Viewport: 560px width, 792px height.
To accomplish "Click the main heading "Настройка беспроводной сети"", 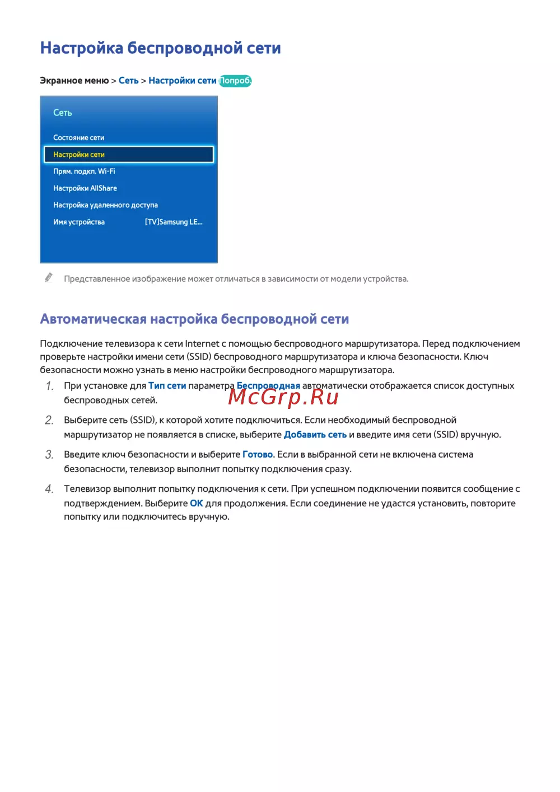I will click(160, 48).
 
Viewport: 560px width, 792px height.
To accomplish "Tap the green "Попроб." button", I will click(235, 81).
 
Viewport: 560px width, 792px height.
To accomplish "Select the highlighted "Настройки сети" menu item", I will click(129, 155).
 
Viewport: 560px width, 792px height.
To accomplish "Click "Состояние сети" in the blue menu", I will click(78, 138).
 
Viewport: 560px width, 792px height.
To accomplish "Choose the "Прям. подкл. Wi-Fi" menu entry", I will click(84, 171).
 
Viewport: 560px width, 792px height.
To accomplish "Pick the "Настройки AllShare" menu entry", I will click(85, 188).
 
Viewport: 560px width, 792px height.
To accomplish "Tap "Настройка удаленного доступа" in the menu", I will click(105, 205).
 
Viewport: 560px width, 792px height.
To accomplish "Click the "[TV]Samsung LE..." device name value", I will click(174, 222).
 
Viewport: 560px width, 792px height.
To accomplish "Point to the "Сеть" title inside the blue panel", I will click(63, 113).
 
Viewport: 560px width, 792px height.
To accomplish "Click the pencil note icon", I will click(49, 278).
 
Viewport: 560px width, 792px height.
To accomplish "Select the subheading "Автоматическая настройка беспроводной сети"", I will click(194, 319).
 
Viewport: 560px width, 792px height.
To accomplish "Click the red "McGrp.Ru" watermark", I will click(283, 397).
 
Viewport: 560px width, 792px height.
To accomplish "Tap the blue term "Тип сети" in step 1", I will click(167, 386).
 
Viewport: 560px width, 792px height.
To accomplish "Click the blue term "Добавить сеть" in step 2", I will click(315, 435).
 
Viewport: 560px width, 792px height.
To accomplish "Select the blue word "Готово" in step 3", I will click(258, 455).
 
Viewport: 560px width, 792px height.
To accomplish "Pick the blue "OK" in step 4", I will click(197, 504).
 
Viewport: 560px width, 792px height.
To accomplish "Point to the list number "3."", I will click(49, 455).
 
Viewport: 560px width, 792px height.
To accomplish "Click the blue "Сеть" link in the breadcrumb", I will click(128, 81).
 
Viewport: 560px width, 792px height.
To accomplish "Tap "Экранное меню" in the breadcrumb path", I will click(74, 81).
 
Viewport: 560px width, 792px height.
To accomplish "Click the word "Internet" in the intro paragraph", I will click(202, 344).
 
